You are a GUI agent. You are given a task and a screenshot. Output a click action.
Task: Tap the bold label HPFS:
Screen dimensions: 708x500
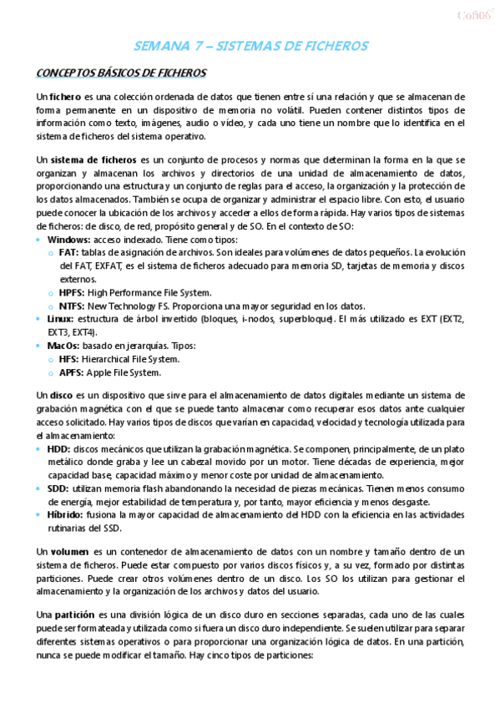[72, 292]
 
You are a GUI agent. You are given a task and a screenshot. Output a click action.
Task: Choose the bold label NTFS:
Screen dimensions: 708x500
[73, 306]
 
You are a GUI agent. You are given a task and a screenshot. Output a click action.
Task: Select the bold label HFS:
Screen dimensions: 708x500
[68, 359]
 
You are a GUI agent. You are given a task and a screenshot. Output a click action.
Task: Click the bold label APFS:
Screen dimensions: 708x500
[71, 372]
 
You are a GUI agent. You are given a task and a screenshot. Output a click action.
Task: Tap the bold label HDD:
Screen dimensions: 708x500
[59, 449]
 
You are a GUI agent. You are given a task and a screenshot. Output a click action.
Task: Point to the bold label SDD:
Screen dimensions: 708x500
[58, 488]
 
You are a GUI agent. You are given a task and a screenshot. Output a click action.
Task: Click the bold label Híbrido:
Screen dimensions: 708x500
[66, 515]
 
